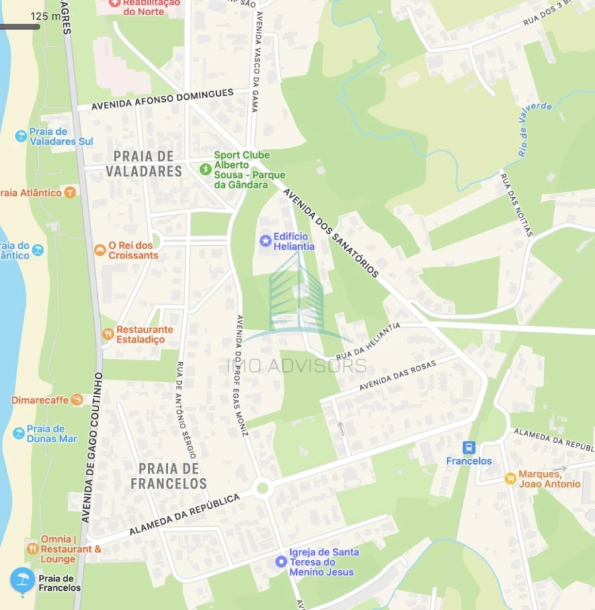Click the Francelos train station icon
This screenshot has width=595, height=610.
pos(469,447)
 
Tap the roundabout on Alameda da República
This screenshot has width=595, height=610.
pos(262,488)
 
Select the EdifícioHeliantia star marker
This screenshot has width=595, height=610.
pos(266,240)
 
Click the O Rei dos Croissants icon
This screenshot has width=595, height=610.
pos(100,250)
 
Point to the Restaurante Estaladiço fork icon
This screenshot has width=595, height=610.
pos(108,334)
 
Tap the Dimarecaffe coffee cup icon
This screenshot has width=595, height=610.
pos(77,400)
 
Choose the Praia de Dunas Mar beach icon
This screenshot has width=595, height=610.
pos(19,433)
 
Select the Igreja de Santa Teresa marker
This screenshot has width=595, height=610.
pos(281,562)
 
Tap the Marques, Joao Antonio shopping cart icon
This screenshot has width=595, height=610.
pos(510,478)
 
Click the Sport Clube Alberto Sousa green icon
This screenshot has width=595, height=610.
pos(206,169)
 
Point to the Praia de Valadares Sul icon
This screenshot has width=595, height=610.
pos(21,136)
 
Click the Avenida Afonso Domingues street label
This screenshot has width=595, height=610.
pos(162,99)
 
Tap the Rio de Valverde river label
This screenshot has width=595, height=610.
pos(535,130)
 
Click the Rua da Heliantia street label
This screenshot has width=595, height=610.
pos(368,341)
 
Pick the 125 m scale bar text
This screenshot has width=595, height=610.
pos(45,16)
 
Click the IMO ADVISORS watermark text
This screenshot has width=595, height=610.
pos(297,365)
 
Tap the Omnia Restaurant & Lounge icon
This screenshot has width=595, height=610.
pos(32,549)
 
